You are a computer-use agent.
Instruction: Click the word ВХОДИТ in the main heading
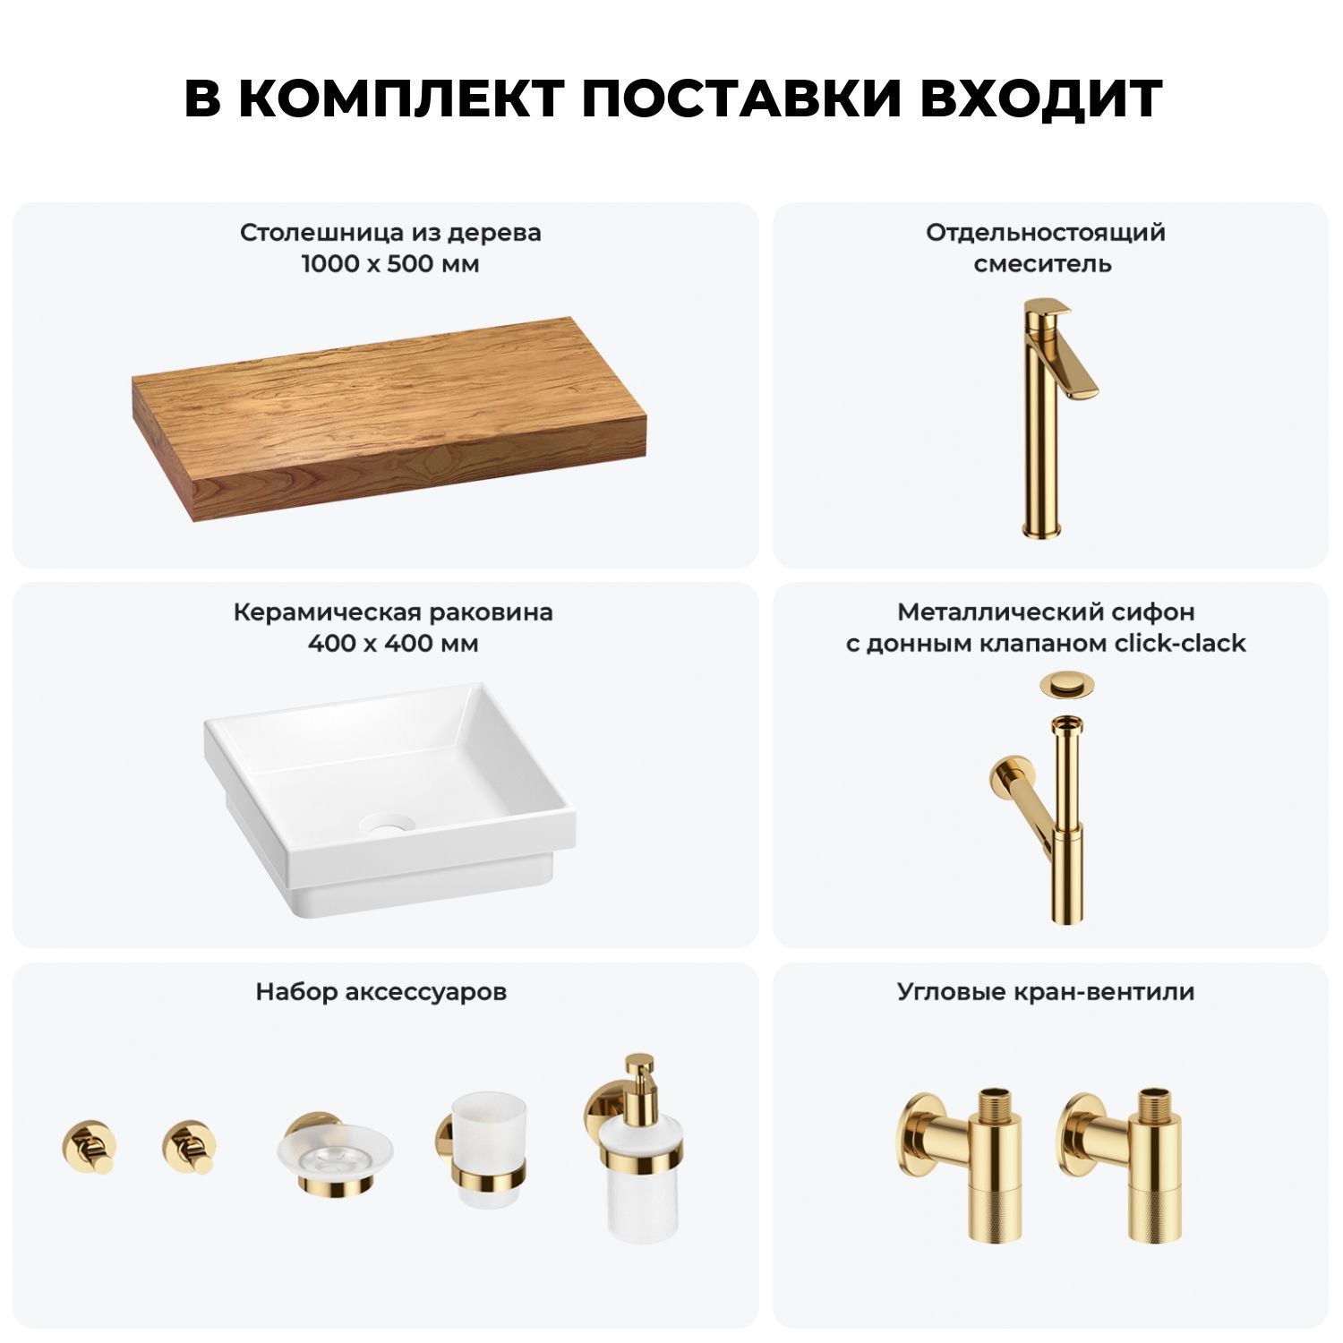click(x=1040, y=99)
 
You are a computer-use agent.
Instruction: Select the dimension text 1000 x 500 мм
click(x=390, y=264)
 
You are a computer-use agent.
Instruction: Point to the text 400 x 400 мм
click(x=393, y=644)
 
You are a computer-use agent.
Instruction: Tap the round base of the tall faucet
click(x=1042, y=529)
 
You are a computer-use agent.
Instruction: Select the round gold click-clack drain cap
click(x=1067, y=686)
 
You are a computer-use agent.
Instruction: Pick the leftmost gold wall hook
click(x=90, y=1146)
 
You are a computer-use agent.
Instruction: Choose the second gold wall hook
click(x=190, y=1146)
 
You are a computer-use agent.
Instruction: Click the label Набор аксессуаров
click(x=381, y=992)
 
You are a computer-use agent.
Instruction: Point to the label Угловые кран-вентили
click(x=1046, y=992)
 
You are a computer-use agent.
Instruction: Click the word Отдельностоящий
click(x=1046, y=233)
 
